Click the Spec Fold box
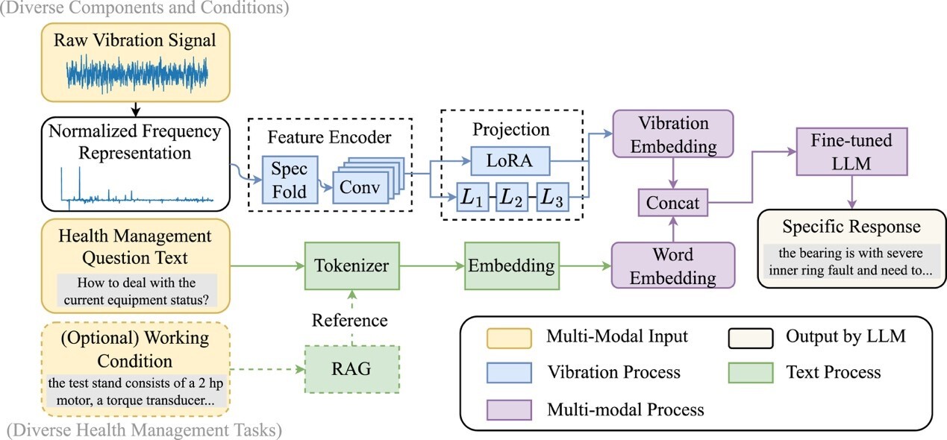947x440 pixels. point(289,179)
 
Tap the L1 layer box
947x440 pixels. point(472,198)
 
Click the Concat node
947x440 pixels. point(672,201)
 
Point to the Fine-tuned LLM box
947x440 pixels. point(852,151)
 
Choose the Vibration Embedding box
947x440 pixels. point(672,134)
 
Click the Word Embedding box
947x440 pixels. point(672,266)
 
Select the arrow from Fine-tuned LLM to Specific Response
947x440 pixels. point(852,194)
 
